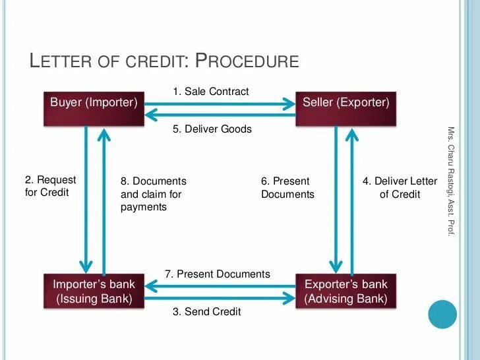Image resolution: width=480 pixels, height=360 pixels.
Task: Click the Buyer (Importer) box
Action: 94,108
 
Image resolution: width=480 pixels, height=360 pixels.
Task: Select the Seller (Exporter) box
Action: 345,108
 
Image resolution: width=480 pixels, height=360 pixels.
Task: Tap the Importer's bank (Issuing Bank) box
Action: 94,291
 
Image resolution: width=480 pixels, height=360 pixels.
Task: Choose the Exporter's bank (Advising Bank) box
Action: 345,291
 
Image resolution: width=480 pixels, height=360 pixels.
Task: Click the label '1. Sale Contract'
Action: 211,92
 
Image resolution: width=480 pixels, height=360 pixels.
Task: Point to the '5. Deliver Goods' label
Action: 212,129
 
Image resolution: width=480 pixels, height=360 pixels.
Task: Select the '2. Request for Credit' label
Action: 50,187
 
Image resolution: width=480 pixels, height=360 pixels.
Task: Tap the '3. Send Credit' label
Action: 207,311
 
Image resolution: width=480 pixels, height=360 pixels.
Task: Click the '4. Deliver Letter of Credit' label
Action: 400,187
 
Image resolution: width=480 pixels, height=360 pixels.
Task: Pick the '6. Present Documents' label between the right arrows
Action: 287,187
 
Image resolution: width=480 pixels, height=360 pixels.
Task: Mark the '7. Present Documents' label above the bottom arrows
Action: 218,274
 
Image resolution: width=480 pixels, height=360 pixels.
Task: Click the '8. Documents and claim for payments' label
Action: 153,194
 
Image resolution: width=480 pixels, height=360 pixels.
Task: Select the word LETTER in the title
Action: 63,61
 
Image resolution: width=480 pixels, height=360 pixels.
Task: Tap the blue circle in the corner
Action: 442,314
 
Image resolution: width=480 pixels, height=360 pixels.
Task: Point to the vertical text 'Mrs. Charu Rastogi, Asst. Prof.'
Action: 451,181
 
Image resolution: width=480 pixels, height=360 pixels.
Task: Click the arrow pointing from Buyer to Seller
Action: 220,103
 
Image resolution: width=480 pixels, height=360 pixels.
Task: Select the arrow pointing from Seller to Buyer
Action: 220,115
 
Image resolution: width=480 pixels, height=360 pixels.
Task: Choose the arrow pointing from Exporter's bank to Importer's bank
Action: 220,285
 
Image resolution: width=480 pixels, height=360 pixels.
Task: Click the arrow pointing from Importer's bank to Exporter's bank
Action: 220,297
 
